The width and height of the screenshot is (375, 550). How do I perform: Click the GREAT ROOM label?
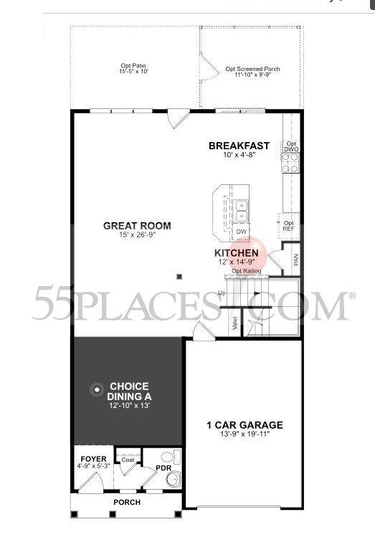[137, 225]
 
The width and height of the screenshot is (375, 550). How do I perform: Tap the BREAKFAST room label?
[239, 146]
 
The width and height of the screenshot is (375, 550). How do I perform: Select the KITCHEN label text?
[236, 253]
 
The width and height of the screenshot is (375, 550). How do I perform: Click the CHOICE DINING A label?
[130, 391]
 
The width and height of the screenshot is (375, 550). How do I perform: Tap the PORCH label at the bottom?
[127, 502]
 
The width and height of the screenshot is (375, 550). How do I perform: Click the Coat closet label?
[128, 460]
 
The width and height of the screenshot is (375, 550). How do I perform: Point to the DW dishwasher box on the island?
[242, 232]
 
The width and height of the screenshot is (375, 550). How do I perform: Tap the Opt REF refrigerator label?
[288, 225]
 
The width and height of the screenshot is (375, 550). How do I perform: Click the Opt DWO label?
[291, 146]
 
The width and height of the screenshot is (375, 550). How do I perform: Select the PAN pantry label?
[295, 260]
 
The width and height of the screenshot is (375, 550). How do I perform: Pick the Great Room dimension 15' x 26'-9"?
[137, 235]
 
